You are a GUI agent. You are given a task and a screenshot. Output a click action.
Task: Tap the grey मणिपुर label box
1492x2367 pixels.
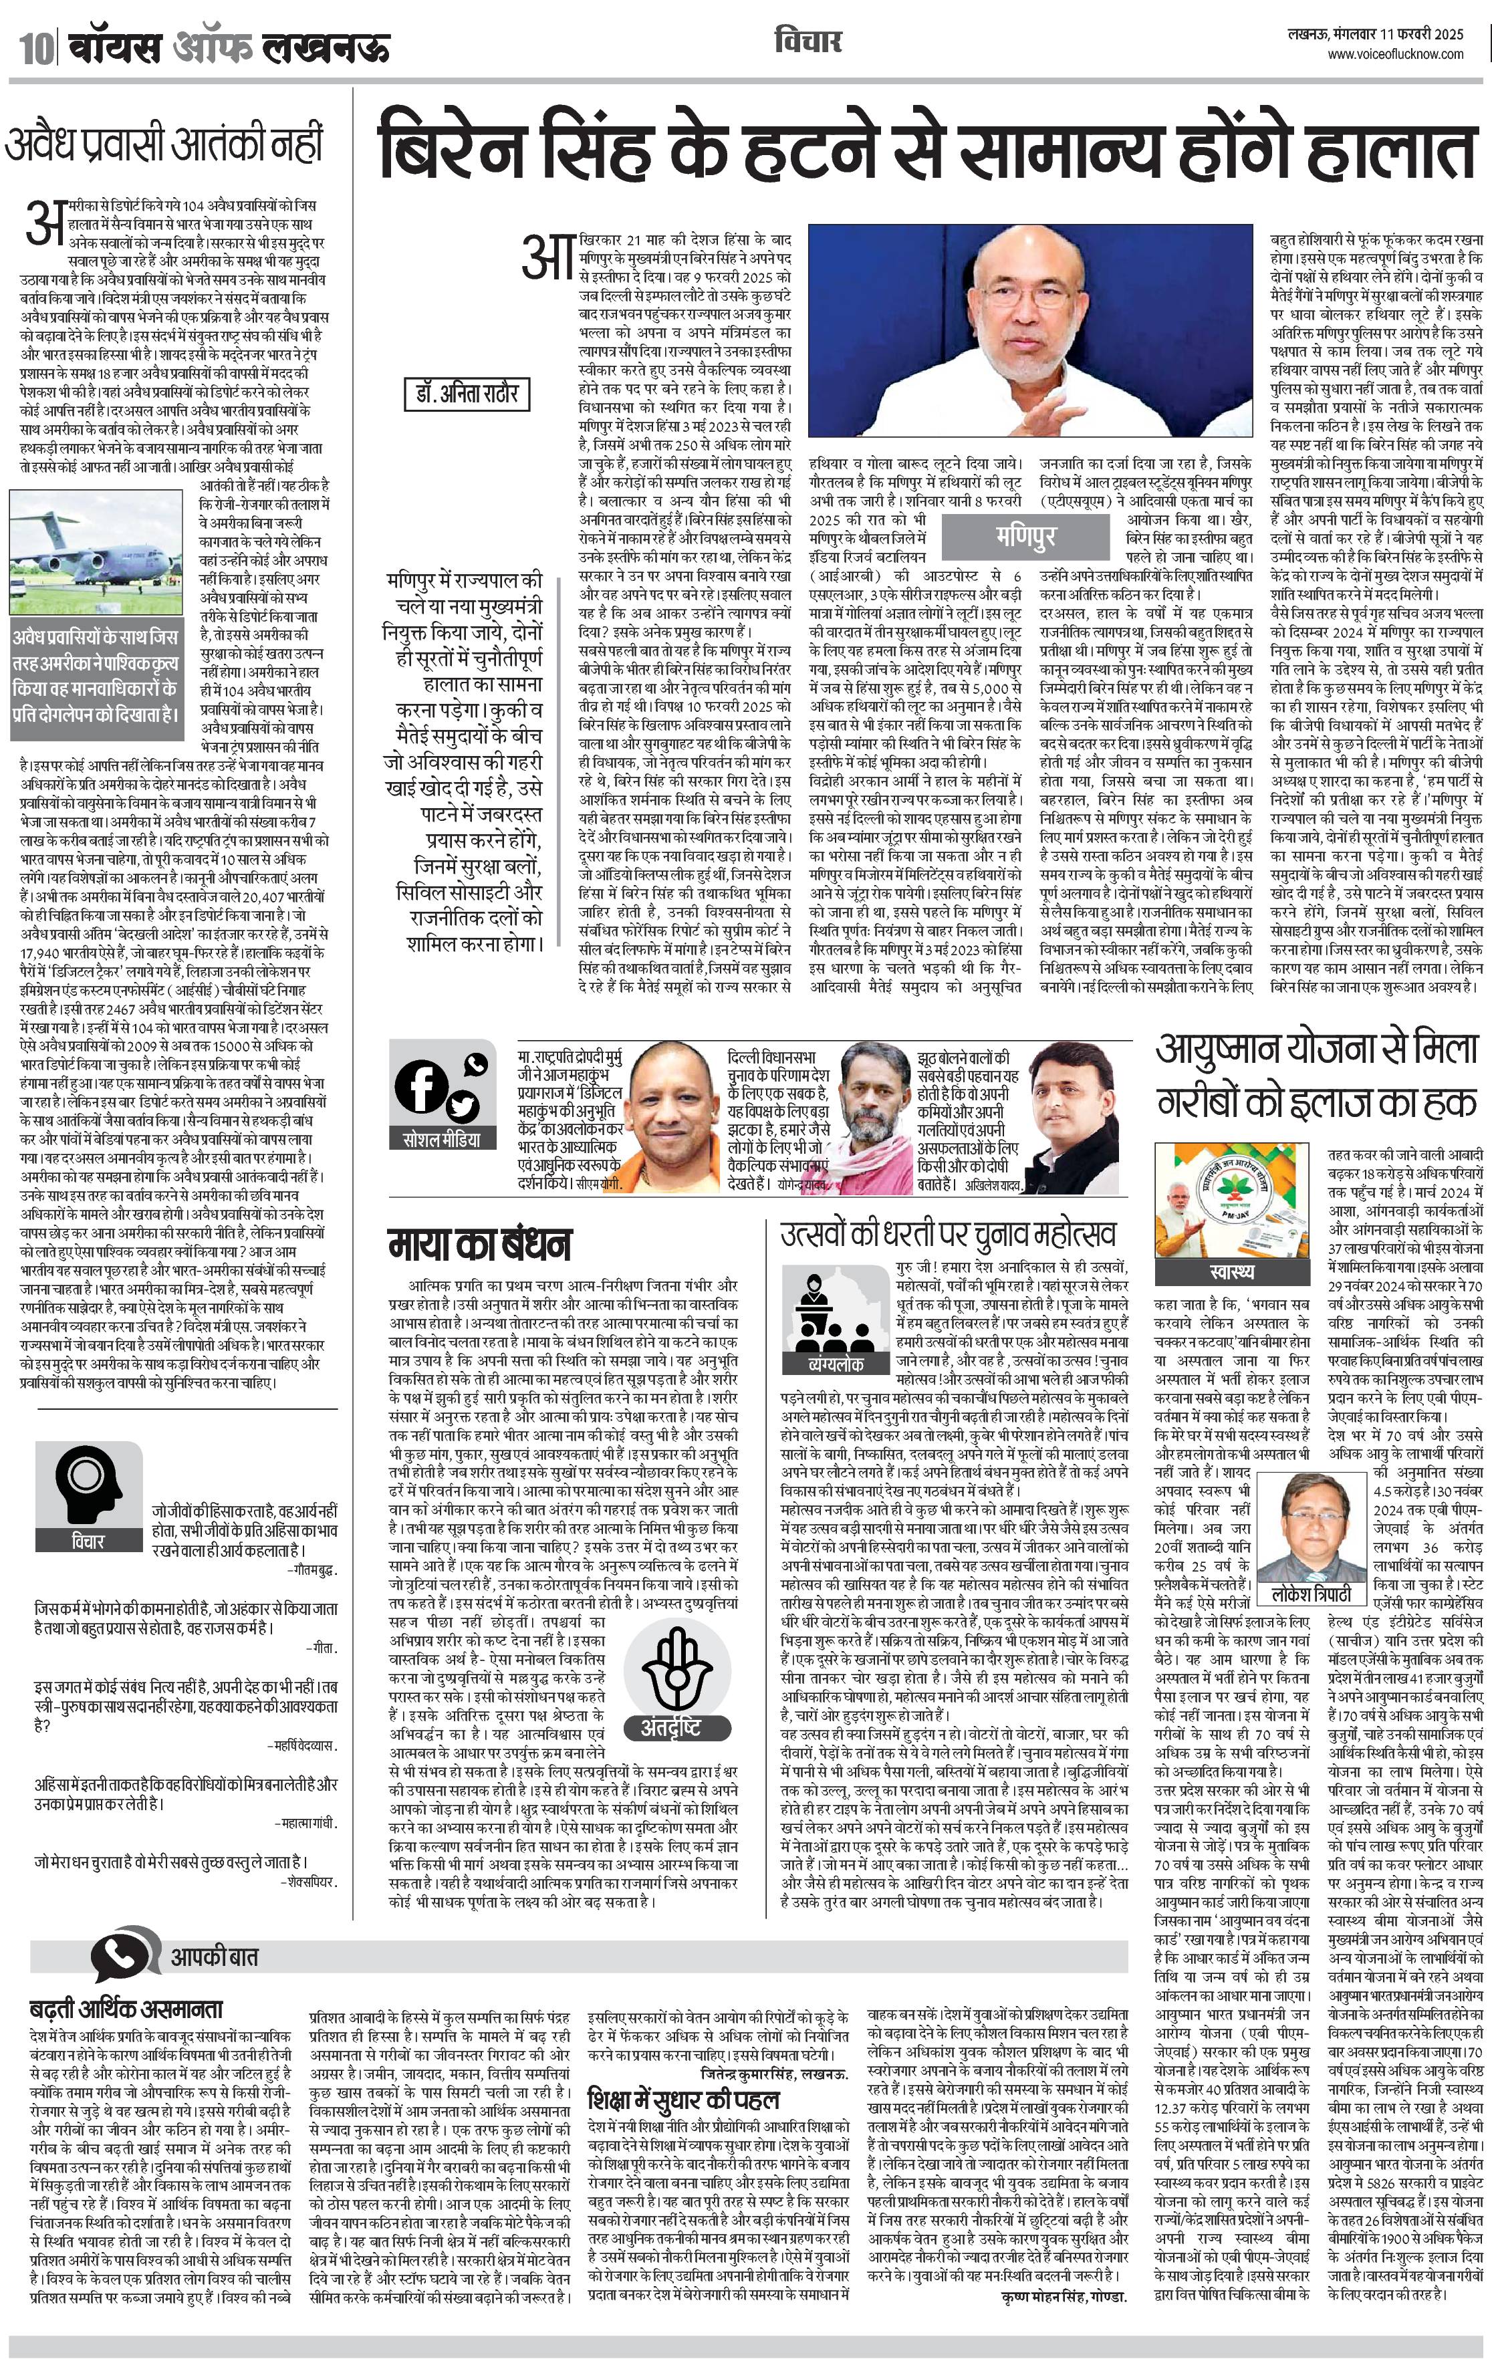point(1025,535)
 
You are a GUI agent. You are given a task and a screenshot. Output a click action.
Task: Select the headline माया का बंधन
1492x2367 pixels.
point(479,1245)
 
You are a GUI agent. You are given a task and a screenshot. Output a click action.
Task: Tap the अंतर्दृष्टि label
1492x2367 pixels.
point(672,1726)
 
